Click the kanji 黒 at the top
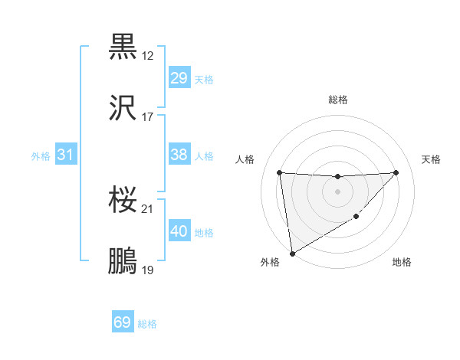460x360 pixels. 123,47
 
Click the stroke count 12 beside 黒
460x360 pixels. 148,56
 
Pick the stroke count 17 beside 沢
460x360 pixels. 148,117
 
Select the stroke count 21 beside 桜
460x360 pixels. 148,209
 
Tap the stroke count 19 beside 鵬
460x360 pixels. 148,270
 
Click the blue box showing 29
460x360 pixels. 179,78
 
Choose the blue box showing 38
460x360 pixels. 179,155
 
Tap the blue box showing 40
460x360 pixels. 179,231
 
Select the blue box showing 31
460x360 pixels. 65,155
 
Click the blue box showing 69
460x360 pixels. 123,322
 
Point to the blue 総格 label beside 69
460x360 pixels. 147,324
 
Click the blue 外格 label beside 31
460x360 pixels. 41,156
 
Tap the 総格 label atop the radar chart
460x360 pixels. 337,100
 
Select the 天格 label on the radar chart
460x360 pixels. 432,159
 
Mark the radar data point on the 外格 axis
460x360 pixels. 291,253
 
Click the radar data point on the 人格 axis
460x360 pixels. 280,172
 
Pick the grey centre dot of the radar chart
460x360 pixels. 337,191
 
